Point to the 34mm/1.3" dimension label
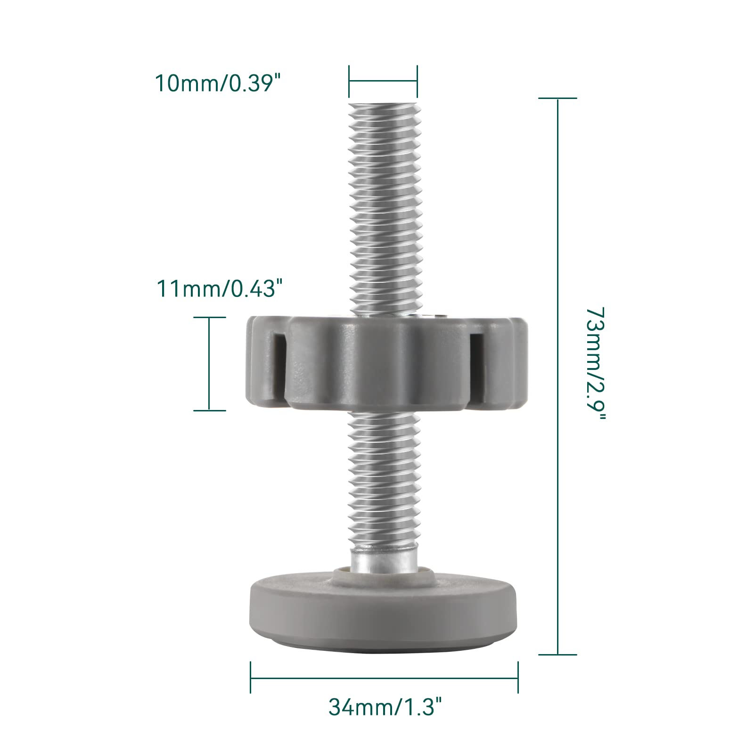tap(385, 707)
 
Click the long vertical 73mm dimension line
tap(558, 377)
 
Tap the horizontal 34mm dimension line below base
tap(384, 679)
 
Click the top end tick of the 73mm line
tap(558, 98)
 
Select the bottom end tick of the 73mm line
tap(558, 655)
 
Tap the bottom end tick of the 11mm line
tap(209, 410)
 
